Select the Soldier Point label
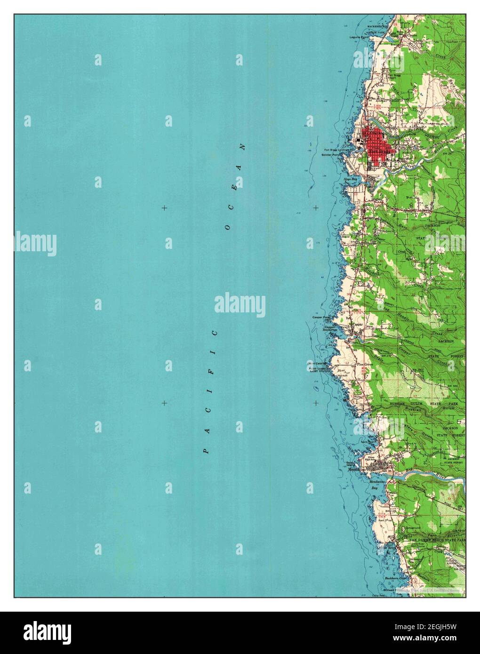click(x=344, y=155)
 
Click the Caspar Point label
click(x=321, y=318)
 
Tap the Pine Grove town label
click(x=365, y=364)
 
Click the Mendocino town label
click(x=357, y=469)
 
